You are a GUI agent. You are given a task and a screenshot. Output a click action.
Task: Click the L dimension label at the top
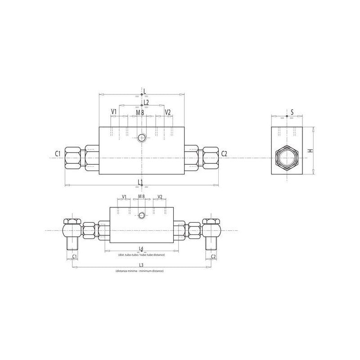[x=144, y=91]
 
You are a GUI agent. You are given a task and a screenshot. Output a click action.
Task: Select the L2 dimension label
[x=146, y=102]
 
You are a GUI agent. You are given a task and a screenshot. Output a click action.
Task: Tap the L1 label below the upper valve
[x=140, y=182]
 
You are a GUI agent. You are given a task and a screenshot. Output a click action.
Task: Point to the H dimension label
[x=310, y=151]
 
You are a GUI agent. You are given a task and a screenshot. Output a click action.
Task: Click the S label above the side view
[x=292, y=112]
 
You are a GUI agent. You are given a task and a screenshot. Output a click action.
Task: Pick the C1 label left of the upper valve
[x=58, y=153]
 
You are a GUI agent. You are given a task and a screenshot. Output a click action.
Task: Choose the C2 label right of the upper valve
[x=224, y=153]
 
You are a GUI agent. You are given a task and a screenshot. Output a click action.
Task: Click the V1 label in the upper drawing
[x=114, y=112]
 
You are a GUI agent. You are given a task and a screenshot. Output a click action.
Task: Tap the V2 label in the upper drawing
[x=168, y=112]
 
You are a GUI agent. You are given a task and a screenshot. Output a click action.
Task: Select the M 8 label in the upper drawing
[x=140, y=113]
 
